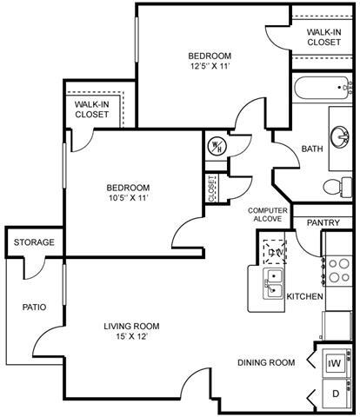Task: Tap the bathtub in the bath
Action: pyautogui.click(x=322, y=89)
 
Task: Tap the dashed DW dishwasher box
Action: pyautogui.click(x=276, y=251)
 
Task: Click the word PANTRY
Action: pyautogui.click(x=323, y=223)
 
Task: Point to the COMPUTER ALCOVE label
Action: pyautogui.click(x=268, y=215)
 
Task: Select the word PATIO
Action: pyautogui.click(x=34, y=307)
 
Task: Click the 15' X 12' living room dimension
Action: pyautogui.click(x=131, y=338)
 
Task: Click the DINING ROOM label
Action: pyautogui.click(x=266, y=362)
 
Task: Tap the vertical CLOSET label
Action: pyautogui.click(x=212, y=189)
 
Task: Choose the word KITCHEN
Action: pyautogui.click(x=305, y=297)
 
